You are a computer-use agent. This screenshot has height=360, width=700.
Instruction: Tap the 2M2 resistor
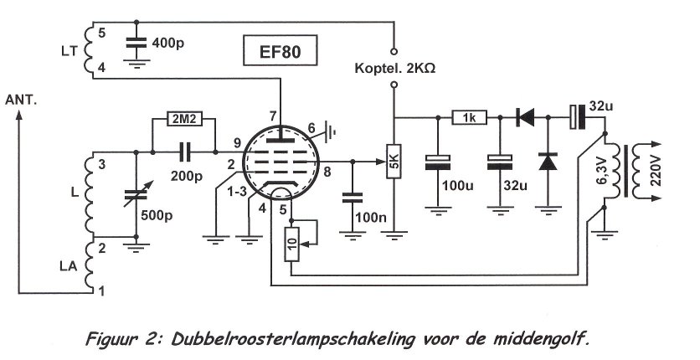[184, 117]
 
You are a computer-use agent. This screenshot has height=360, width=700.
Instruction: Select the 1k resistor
[471, 117]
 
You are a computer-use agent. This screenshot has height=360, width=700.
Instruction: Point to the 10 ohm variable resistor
[291, 244]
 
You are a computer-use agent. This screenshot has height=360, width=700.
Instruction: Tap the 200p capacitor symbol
[185, 152]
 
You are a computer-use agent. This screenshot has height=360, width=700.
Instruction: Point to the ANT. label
[22, 100]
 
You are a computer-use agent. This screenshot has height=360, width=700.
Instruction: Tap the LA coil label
[74, 267]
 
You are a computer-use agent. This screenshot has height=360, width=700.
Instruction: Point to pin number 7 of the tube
[272, 116]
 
